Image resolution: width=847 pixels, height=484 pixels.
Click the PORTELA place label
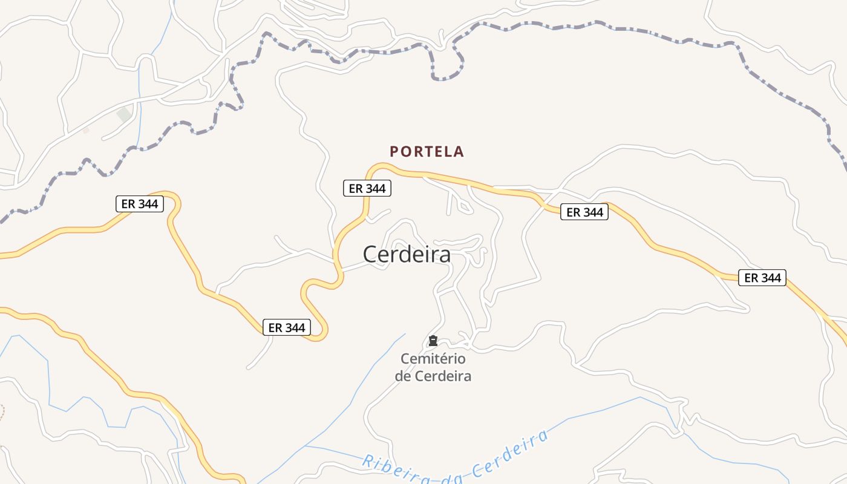[x=427, y=151]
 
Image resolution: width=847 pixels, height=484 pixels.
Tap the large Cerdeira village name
[x=407, y=255]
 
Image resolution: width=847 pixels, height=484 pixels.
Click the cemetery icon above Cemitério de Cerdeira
[x=433, y=341]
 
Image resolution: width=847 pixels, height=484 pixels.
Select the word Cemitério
[x=433, y=359]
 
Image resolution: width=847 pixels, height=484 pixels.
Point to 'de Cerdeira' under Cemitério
[x=433, y=376]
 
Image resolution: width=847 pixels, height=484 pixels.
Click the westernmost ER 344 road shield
[x=140, y=204]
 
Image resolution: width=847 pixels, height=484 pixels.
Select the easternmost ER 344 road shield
[x=762, y=278]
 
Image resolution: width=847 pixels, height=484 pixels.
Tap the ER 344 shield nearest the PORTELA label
[x=367, y=188]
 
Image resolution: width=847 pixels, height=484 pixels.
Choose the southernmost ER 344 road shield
[x=287, y=327]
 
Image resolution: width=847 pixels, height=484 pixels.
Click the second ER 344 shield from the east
[x=584, y=212]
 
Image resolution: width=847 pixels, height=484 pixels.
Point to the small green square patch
[x=124, y=114]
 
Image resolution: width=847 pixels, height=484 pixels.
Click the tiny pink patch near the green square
[x=86, y=130]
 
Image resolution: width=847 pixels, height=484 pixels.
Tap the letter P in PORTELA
[x=394, y=151]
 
